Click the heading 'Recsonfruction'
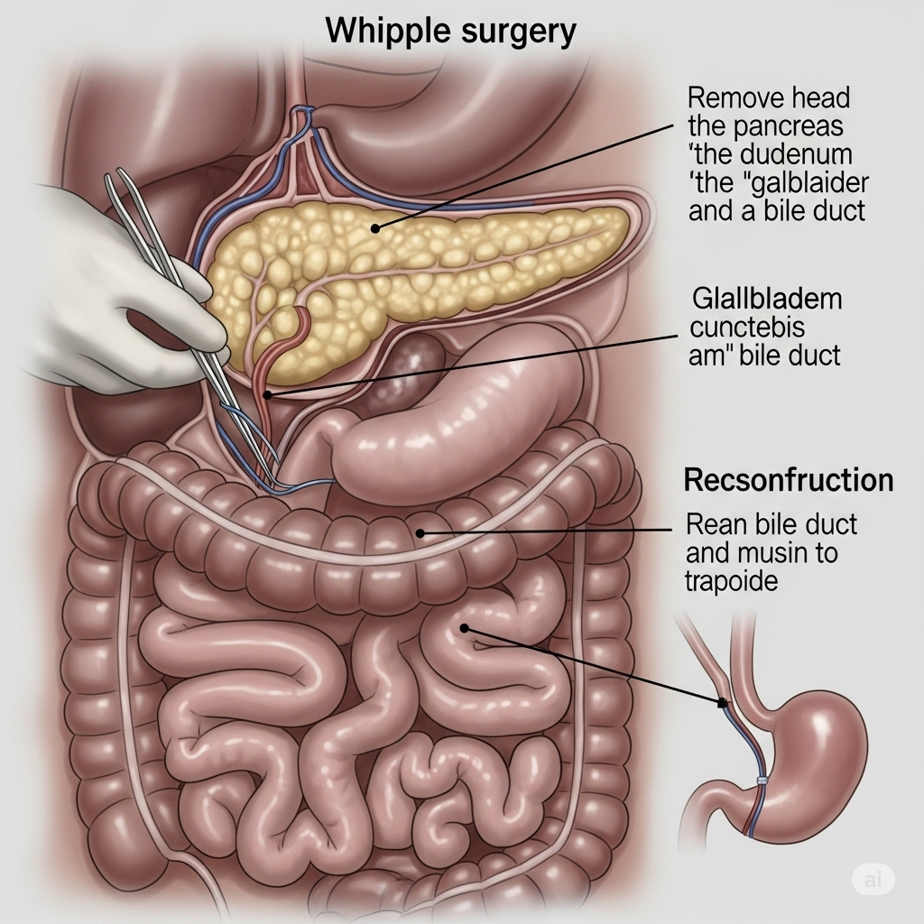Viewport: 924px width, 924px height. (788, 480)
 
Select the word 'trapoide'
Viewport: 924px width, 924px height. (732, 581)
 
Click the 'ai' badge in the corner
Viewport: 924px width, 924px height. (872, 881)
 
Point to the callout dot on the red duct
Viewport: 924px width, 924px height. (266, 394)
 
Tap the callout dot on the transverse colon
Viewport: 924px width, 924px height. (420, 533)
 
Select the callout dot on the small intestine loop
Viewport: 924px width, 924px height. (464, 628)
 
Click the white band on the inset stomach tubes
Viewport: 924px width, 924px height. (762, 781)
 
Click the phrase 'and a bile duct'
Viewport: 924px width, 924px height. (776, 211)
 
